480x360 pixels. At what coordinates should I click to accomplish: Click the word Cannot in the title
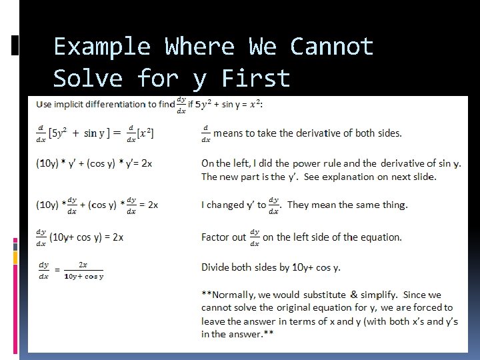pyautogui.click(x=331, y=47)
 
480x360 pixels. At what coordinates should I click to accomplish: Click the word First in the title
pyautogui.click(x=256, y=79)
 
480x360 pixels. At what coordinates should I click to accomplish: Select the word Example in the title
pyautogui.click(x=102, y=47)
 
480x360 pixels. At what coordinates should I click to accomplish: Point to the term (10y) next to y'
pyautogui.click(x=48, y=163)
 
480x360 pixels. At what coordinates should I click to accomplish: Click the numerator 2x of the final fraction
pyautogui.click(x=83, y=265)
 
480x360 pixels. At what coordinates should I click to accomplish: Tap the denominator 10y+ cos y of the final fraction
pyautogui.click(x=84, y=276)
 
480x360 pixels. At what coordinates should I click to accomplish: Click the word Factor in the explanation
pyautogui.click(x=216, y=237)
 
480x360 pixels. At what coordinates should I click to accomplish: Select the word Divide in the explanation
pyautogui.click(x=216, y=267)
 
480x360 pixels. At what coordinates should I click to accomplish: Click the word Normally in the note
pyautogui.click(x=233, y=295)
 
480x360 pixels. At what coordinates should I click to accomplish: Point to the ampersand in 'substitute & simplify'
pyautogui.click(x=353, y=295)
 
